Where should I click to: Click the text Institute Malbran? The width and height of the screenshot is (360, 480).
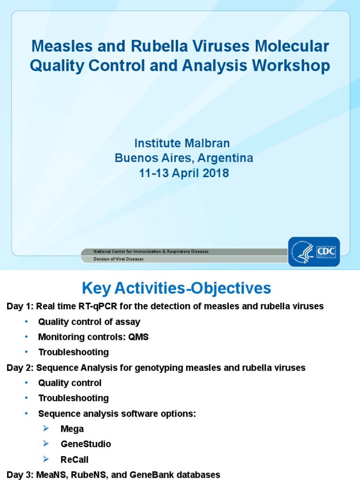(x=182, y=142)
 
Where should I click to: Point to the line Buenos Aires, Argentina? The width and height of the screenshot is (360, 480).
(x=184, y=158)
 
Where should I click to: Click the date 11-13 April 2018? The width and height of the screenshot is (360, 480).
(x=184, y=173)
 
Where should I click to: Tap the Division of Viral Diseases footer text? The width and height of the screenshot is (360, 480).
(x=119, y=259)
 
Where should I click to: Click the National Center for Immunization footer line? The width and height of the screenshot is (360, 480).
(x=151, y=252)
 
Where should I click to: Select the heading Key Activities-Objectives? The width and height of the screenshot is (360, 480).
(x=176, y=288)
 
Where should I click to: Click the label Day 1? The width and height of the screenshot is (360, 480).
(x=20, y=307)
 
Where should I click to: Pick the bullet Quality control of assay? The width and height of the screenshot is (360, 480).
(x=89, y=322)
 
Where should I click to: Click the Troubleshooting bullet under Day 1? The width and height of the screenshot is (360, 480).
(x=73, y=352)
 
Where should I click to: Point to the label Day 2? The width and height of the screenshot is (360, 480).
(x=20, y=368)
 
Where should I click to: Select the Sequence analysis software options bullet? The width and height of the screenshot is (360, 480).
(x=117, y=414)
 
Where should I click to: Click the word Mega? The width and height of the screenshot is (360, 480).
(x=72, y=429)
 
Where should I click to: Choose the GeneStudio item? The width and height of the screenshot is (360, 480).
(x=86, y=444)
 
